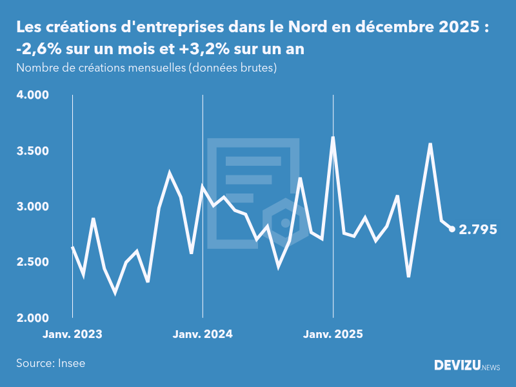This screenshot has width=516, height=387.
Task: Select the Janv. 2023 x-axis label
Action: pyautogui.click(x=72, y=335)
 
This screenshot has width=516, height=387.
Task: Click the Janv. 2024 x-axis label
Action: pyautogui.click(x=203, y=335)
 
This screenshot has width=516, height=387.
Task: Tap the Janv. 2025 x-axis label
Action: pyautogui.click(x=333, y=335)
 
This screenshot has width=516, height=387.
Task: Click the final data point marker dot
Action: pyautogui.click(x=452, y=229)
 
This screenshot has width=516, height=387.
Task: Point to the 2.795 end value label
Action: pyautogui.click(x=478, y=230)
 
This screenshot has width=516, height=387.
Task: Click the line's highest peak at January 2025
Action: pyautogui.click(x=333, y=137)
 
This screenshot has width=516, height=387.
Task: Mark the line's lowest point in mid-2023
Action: pyautogui.click(x=115, y=293)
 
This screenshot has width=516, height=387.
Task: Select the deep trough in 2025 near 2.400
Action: pyautogui.click(x=408, y=277)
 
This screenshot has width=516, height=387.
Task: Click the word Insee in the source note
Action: pyautogui.click(x=70, y=363)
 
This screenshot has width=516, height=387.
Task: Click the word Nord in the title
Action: pyautogui.click(x=309, y=28)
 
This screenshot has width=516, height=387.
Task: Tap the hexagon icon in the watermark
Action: pyautogui.click(x=284, y=223)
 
